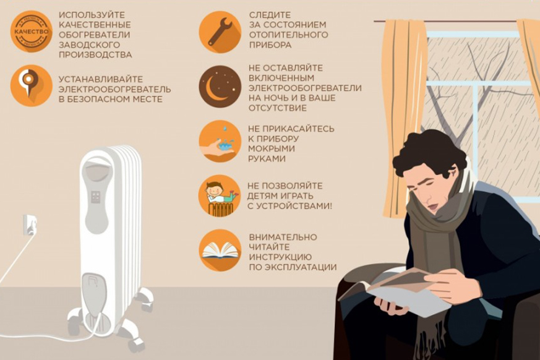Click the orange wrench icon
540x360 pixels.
pyautogui.click(x=220, y=32)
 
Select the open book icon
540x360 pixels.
pyautogui.click(x=220, y=251)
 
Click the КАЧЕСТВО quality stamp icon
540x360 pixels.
pyautogui.click(x=32, y=32)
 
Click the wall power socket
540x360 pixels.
pyautogui.click(x=29, y=225)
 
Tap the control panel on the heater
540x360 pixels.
pyautogui.click(x=95, y=197)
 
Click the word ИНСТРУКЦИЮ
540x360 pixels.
pyautogui.click(x=280, y=257)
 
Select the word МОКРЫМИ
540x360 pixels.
pyautogui.click(x=272, y=149)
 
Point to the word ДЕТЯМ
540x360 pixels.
pyautogui.click(x=263, y=196)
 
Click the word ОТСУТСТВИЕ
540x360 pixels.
pyautogui.click(x=278, y=108)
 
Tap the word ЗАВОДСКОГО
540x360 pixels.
pyautogui.click(x=89, y=45)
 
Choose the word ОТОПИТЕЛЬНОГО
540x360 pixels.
pyautogui.click(x=289, y=35)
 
